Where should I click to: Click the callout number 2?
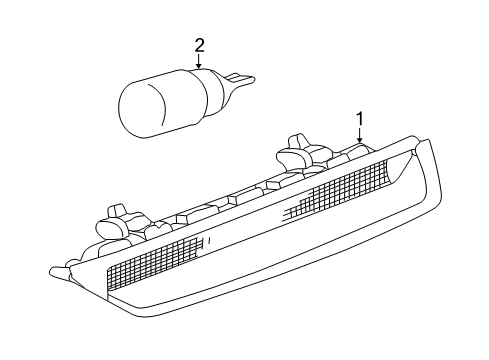pos(199,44)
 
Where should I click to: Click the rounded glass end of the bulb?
pos(134,100)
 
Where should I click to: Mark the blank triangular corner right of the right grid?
pos(400,176)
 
